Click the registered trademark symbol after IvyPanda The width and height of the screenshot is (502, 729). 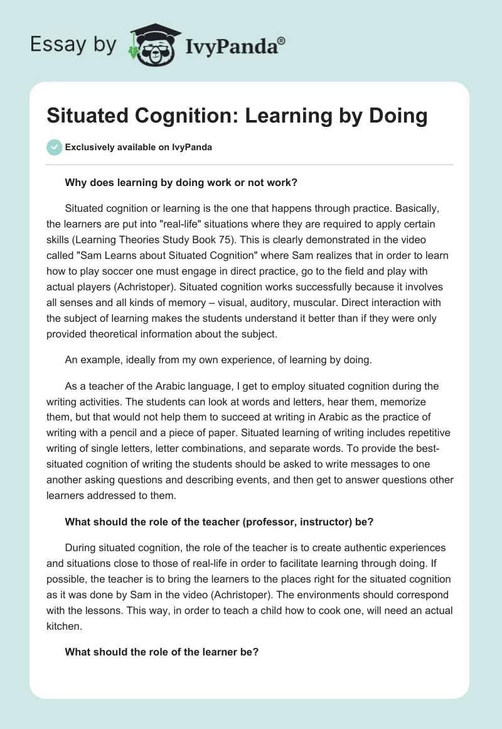click(x=282, y=40)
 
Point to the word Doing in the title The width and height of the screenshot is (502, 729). click(x=395, y=116)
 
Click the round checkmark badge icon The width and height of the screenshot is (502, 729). click(x=55, y=147)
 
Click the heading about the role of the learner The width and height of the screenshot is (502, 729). click(x=161, y=652)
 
